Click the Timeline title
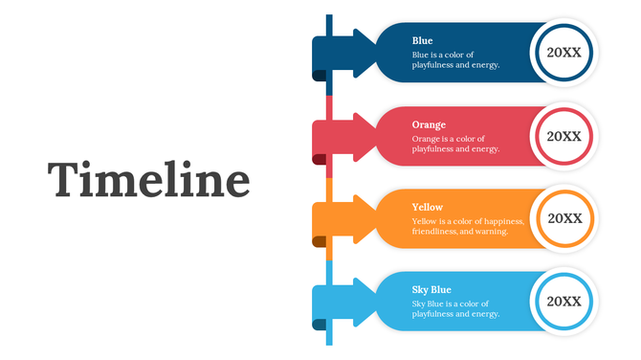coord(149,181)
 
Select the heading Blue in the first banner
coord(422,41)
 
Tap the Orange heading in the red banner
coord(429,124)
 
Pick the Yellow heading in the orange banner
coord(428,207)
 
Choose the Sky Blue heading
coord(431,289)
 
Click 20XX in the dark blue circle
coord(564,54)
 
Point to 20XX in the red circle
coord(564,136)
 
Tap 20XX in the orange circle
coord(564,218)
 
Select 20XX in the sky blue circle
coord(564,301)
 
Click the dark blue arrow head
coord(365,54)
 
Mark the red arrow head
coord(365,136)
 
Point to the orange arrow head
coord(365,218)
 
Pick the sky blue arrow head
coord(365,301)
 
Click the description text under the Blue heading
coord(455,60)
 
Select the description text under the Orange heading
coord(455,144)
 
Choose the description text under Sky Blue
coord(455,309)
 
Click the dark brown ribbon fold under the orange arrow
coord(320,242)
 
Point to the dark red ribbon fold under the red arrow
coord(320,159)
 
